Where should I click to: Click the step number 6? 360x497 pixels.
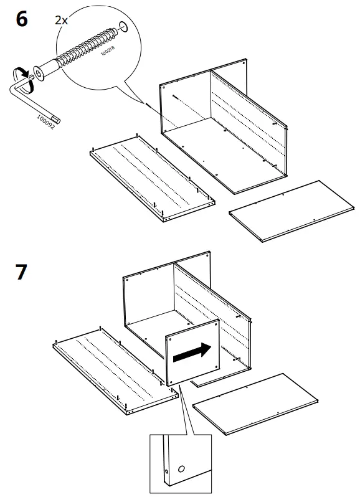coord(21,19)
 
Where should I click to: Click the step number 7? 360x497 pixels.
coord(21,272)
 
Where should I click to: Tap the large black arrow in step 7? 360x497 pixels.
coord(192,354)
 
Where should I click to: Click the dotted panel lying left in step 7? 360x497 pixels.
coord(115,374)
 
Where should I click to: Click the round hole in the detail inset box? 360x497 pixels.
coord(181,468)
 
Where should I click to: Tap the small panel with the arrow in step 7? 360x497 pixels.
coord(192,355)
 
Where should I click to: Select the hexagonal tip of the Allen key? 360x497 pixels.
coord(57,118)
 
